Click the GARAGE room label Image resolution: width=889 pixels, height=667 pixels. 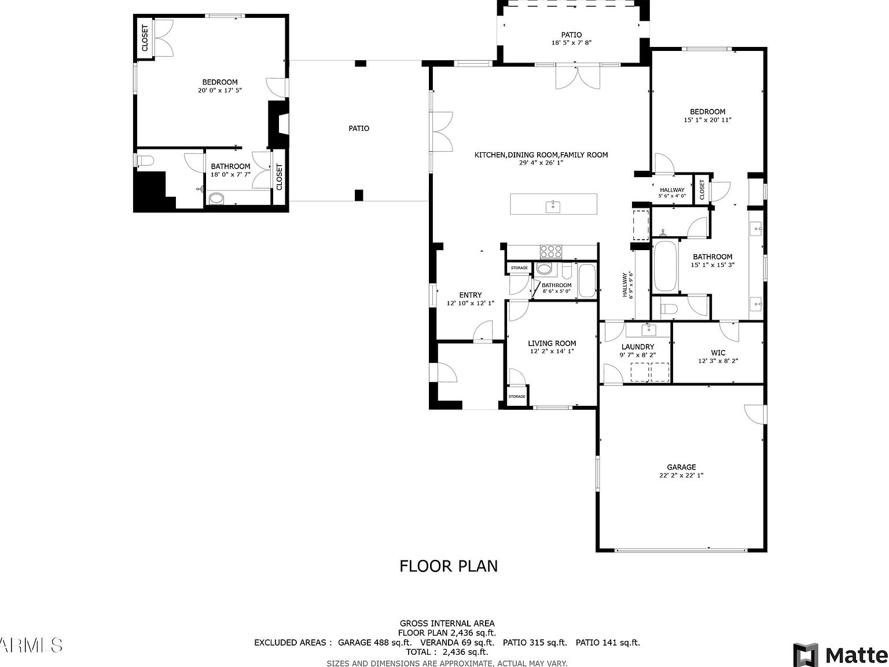coord(681,467)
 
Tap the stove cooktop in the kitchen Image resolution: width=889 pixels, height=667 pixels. coord(550,251)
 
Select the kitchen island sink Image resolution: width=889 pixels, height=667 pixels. coord(553,205)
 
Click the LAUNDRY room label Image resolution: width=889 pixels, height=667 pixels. coord(637,347)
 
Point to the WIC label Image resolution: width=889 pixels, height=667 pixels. coord(718,353)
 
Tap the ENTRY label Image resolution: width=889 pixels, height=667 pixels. coord(470,295)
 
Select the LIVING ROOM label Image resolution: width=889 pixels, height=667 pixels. coord(552,343)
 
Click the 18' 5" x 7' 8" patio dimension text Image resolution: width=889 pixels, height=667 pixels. coord(571,43)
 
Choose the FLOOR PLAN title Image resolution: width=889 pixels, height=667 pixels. coord(448,566)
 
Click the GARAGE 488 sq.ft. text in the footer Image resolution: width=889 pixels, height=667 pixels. coord(374,642)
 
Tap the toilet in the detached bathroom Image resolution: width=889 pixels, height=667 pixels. coord(144,159)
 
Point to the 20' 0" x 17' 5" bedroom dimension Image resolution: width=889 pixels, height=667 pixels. coord(219,90)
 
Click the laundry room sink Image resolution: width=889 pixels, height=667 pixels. coord(648,329)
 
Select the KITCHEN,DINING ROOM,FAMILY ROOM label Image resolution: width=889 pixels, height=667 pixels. coord(541,155)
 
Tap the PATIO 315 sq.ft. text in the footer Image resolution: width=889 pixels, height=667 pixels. coord(534,642)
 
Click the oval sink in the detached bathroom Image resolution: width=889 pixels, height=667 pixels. coord(216,199)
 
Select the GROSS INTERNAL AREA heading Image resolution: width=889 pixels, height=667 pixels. coord(447,623)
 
